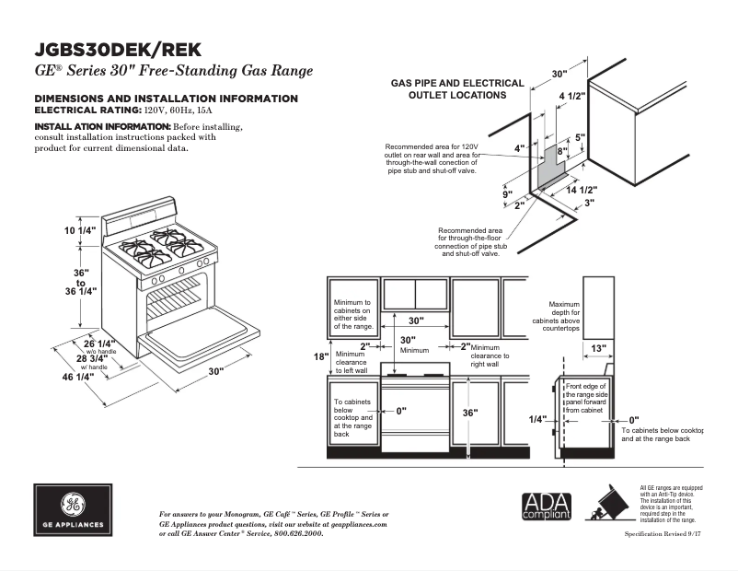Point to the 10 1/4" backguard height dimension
(x=80, y=229)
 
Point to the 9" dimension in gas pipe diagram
(x=506, y=194)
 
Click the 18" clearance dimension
(x=320, y=356)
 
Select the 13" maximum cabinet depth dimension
(x=598, y=348)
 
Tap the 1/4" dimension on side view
(x=537, y=419)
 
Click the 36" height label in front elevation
(x=470, y=414)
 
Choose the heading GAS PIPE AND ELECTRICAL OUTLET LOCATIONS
(x=457, y=88)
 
